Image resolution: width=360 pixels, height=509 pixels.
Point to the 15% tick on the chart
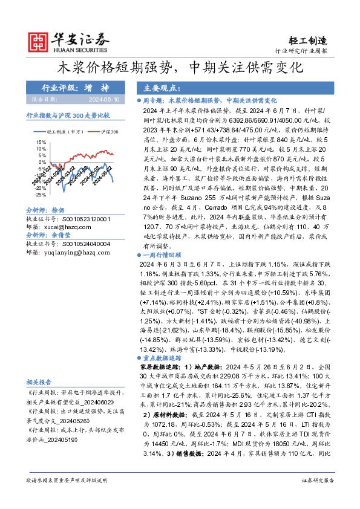[41, 141]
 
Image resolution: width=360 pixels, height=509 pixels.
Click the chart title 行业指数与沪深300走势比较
[68, 114]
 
